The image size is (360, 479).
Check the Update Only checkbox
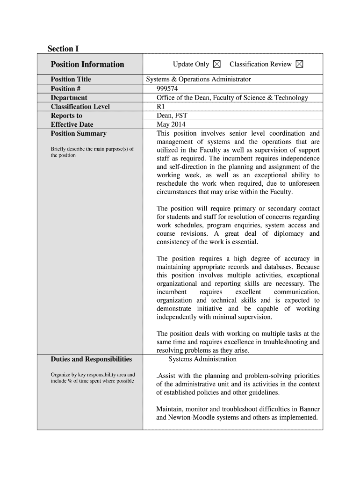click(x=217, y=65)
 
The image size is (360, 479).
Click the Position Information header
click(x=87, y=65)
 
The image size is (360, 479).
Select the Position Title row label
click(x=71, y=79)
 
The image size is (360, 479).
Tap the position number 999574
click(x=168, y=88)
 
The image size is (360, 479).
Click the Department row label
click(x=69, y=98)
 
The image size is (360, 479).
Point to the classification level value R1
click(x=161, y=107)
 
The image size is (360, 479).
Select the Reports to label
click(x=66, y=116)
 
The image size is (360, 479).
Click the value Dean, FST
click(x=172, y=116)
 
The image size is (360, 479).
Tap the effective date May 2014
click(x=171, y=124)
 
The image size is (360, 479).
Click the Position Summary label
click(x=79, y=134)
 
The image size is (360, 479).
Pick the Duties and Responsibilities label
click(x=91, y=359)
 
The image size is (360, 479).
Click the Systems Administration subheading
click(x=202, y=359)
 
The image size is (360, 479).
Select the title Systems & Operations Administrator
click(x=199, y=79)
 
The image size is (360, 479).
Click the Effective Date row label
click(x=72, y=124)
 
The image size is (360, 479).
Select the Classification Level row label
click(x=80, y=107)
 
